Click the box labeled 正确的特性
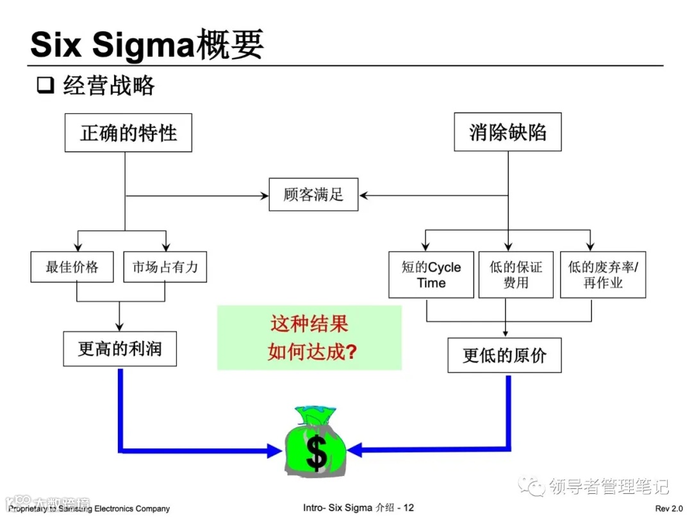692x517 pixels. pos(128,133)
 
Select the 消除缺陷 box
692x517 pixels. pos(507,133)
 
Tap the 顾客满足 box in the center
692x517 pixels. pos(313,194)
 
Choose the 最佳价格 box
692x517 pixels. pos(72,267)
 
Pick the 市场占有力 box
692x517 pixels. pos(165,267)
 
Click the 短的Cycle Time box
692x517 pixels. pos(431,275)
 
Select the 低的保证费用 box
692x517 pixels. pos(515,275)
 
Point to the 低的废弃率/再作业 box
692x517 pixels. pos(602,275)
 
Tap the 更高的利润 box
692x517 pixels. pos(120,349)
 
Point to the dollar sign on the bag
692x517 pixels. pos(316,454)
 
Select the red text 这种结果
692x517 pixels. pos(309,324)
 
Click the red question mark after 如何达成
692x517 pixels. pos(350,352)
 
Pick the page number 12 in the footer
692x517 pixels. pos(408,507)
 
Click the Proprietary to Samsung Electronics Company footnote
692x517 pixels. pos(89,509)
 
